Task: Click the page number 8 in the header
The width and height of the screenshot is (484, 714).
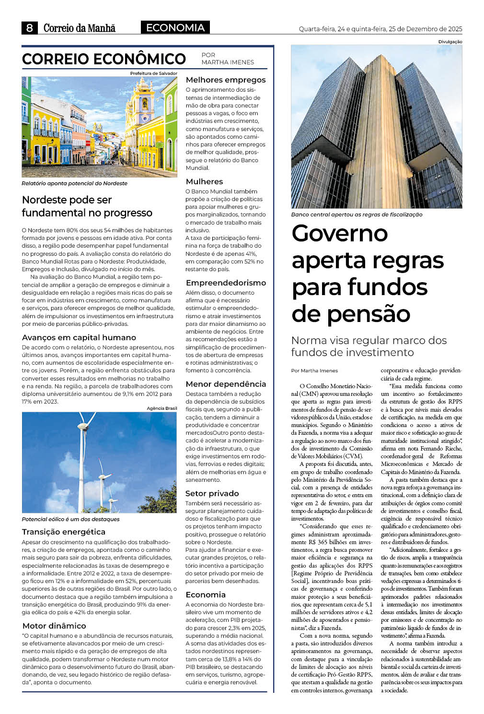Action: (x=29, y=28)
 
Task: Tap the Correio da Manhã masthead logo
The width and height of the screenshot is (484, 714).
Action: (x=79, y=28)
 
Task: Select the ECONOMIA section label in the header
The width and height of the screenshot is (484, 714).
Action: (x=175, y=28)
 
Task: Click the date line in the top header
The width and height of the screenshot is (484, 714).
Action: (x=380, y=29)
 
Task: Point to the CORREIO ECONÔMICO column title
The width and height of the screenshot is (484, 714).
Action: (x=104, y=59)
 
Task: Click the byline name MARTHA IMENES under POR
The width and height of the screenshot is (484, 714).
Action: (x=228, y=62)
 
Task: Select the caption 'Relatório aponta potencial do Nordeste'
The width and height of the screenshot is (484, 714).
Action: (x=74, y=183)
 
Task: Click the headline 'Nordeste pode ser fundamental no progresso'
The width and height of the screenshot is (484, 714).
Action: (x=87, y=206)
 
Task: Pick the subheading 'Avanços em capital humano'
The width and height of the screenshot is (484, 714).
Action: (x=79, y=337)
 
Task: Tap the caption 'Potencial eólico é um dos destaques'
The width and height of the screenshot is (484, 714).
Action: (x=70, y=519)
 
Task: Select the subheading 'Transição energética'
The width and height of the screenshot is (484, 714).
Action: (x=63, y=532)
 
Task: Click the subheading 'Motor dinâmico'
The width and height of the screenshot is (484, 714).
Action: (x=54, y=626)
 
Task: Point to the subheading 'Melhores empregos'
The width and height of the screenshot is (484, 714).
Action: (x=225, y=80)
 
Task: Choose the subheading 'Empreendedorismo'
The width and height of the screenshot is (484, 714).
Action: (x=225, y=283)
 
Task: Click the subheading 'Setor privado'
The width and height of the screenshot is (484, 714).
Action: (x=212, y=493)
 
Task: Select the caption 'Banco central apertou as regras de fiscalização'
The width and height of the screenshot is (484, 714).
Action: (x=357, y=214)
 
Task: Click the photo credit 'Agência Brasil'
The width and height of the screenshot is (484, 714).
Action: (x=161, y=408)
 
